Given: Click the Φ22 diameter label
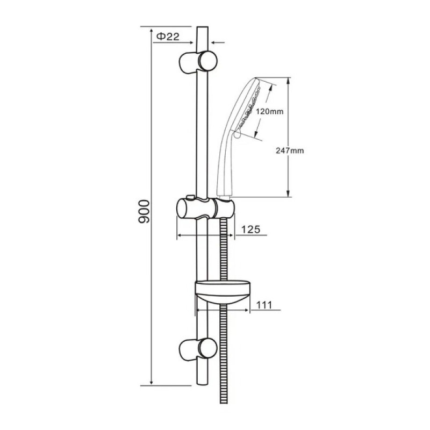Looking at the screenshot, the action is pyautogui.click(x=168, y=36).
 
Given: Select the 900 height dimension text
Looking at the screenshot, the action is pyautogui.click(x=144, y=211).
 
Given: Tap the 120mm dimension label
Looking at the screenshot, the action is pyautogui.click(x=269, y=111).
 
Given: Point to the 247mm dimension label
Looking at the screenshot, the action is pyautogui.click(x=290, y=150).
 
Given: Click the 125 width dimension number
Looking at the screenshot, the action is pyautogui.click(x=250, y=229).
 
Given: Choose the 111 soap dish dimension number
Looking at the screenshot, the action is pyautogui.click(x=264, y=305).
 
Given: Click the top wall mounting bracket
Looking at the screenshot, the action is pyautogui.click(x=198, y=62).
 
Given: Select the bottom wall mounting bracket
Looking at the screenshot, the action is pyautogui.click(x=198, y=349).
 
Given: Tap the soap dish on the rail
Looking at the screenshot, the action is pyautogui.click(x=223, y=292).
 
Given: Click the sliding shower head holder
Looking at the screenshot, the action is pyautogui.click(x=205, y=209).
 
